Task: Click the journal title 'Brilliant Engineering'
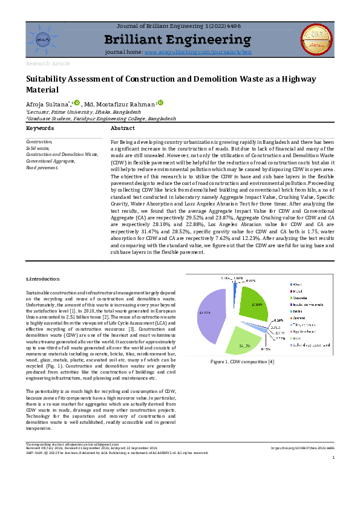pyautogui.click(x=177, y=41)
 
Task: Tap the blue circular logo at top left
pyautogui.click(x=43, y=40)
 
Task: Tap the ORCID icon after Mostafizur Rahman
pyautogui.click(x=161, y=103)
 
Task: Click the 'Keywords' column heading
pyautogui.click(x=40, y=128)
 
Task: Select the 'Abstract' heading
pyautogui.click(x=123, y=128)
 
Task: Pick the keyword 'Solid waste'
pyautogui.click(x=38, y=147)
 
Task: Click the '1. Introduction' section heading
pyautogui.click(x=43, y=279)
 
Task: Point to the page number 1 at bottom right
pyautogui.click(x=333, y=475)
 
